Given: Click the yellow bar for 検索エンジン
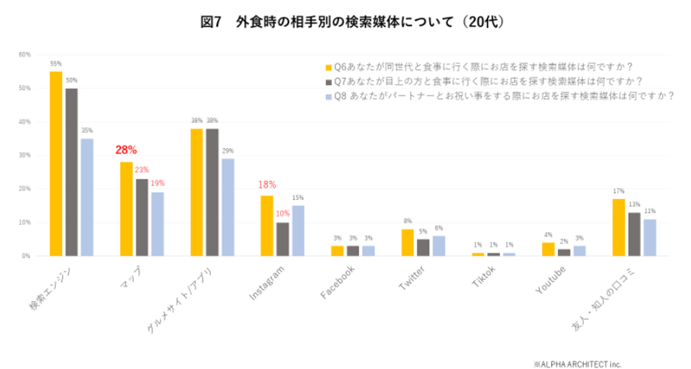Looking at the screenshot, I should tap(56, 163).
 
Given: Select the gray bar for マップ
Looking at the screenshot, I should tap(142, 217).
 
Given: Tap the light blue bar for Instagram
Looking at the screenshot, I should tap(298, 231).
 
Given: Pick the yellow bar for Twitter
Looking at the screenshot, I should tap(407, 243).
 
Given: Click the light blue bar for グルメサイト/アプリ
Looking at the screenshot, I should tap(228, 207).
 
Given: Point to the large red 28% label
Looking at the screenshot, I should tap(126, 150).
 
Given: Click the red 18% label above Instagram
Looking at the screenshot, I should tap(267, 184).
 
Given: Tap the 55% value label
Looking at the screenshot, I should tap(56, 63).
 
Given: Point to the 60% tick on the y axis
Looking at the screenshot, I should tap(24, 55).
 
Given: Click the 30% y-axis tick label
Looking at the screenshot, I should tap(24, 155).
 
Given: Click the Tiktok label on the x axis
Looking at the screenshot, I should tap(483, 277).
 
